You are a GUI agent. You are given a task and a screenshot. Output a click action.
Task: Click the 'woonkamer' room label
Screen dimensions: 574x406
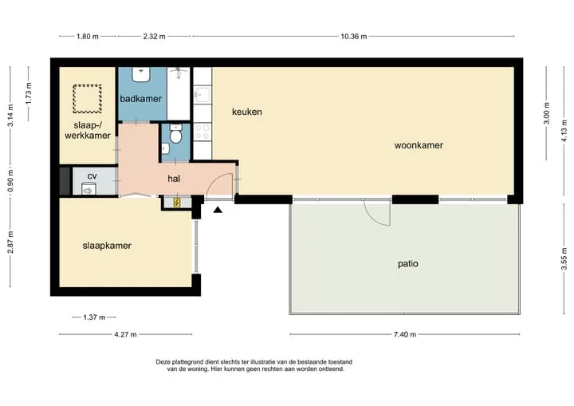pos(419,145)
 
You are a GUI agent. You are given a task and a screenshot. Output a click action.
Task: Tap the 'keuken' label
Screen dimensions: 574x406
pos(246,112)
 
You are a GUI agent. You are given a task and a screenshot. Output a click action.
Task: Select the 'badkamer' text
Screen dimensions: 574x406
pos(141,99)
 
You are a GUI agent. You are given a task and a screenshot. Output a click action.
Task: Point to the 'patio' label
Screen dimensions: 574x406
pos(408,264)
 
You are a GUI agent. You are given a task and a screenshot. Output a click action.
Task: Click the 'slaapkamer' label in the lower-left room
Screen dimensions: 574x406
pos(107,246)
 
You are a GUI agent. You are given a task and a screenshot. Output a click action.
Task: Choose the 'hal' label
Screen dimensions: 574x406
pos(174,179)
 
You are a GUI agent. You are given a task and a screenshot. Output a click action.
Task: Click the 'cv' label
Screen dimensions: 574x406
pos(92,176)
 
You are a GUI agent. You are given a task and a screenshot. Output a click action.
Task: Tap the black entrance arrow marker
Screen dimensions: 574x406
pos(218,210)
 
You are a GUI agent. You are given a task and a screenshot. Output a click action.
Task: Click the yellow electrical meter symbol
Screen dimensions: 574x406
pos(177,203)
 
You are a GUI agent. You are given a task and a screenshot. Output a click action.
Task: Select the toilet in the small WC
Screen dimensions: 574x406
pos(176,134)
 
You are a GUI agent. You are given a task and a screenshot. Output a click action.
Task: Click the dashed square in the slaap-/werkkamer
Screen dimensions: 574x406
pos(87,99)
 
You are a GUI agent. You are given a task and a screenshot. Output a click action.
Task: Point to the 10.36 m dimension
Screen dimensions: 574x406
pos(354,36)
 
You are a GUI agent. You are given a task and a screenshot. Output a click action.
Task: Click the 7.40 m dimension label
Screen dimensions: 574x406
pos(405,334)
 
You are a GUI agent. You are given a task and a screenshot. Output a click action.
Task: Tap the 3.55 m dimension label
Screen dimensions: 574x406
pos(564,259)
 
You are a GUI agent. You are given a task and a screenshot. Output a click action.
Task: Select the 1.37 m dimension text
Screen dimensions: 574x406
pos(94,317)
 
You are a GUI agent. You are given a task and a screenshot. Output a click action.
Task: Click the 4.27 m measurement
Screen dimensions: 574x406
pos(125,334)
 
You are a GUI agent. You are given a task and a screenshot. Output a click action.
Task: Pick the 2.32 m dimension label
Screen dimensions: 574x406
pos(154,36)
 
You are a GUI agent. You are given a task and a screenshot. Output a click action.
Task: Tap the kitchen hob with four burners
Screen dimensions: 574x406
pos(202,132)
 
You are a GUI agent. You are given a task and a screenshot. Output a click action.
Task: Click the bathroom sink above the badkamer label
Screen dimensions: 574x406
pos(141,74)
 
